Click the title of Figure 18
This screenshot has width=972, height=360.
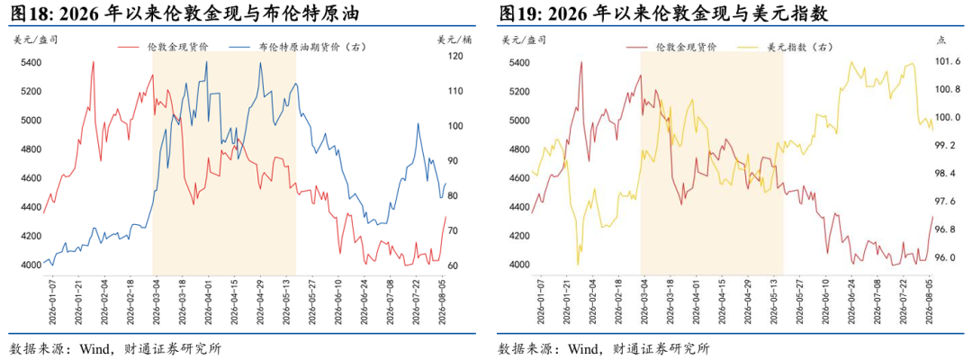[184, 13]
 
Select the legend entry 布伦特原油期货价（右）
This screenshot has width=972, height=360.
[296, 47]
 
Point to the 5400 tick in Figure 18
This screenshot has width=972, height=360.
[31, 63]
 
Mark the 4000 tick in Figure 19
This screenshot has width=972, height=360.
[519, 265]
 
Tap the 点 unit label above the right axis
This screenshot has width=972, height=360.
[941, 40]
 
